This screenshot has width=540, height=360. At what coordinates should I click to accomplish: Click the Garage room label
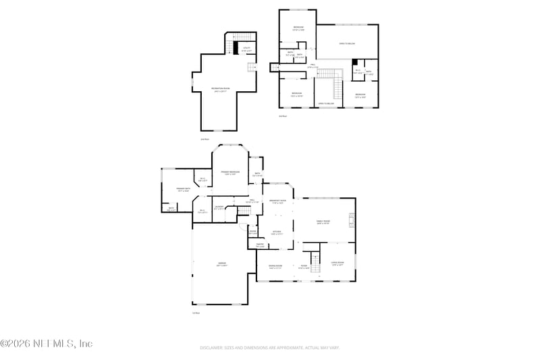(221, 263)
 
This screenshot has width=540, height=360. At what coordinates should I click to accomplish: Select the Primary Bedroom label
(230, 172)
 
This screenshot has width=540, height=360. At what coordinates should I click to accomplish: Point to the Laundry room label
(219, 207)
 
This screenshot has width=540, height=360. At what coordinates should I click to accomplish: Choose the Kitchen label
(277, 232)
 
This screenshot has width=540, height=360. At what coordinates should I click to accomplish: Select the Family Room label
(323, 222)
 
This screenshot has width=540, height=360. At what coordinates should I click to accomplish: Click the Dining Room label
(275, 266)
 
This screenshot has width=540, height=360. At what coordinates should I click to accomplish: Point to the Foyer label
(304, 266)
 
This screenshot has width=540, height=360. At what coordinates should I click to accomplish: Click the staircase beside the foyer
(314, 258)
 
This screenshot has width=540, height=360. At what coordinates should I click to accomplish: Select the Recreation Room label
(218, 88)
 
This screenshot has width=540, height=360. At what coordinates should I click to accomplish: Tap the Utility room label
(247, 48)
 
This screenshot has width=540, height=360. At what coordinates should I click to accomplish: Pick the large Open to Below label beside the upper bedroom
(347, 43)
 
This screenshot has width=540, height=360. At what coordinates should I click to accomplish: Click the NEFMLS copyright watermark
(47, 344)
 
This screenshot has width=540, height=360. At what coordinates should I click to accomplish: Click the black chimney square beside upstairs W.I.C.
(355, 62)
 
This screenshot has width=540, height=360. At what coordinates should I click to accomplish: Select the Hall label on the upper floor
(312, 67)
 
